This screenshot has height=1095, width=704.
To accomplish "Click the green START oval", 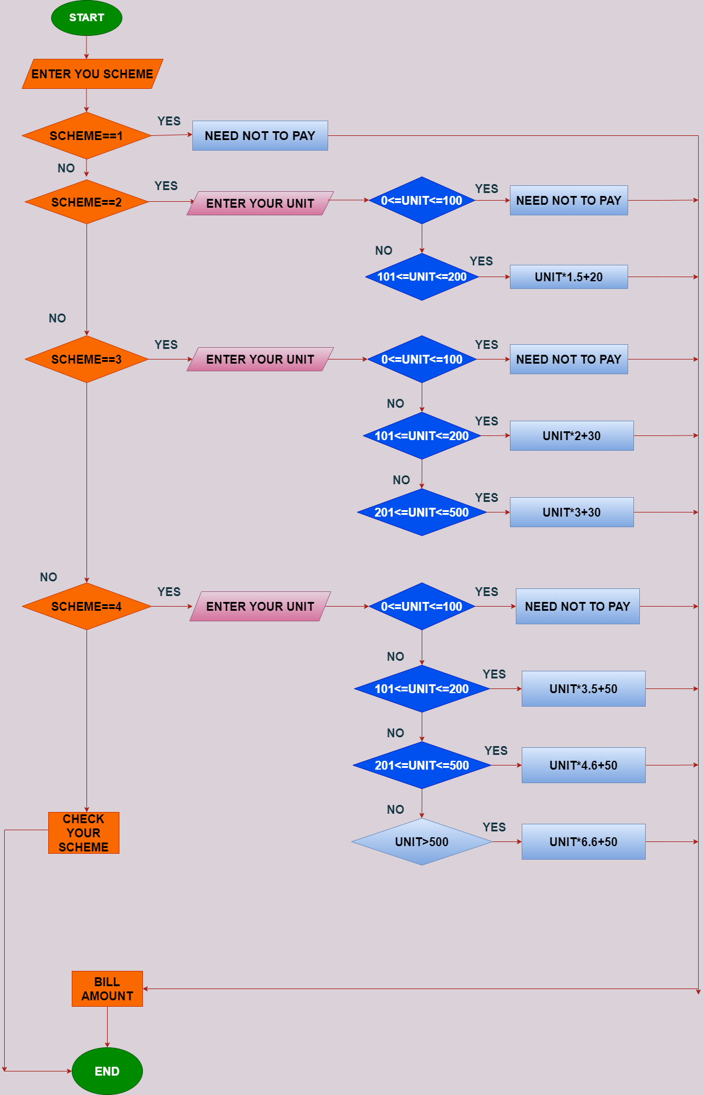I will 86,18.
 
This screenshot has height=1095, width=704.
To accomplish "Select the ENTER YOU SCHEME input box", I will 92,74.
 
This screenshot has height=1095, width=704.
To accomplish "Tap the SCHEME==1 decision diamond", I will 86,136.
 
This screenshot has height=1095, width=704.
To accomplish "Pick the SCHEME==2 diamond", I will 86,202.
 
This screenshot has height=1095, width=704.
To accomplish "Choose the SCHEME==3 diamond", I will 86,360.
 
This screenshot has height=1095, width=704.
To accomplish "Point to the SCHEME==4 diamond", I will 86,607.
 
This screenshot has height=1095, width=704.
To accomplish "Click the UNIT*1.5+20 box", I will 569,277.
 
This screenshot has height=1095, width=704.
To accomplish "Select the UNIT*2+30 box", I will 572,436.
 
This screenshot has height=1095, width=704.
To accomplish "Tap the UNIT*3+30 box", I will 572,512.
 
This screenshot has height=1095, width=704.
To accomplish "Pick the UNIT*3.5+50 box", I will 583,689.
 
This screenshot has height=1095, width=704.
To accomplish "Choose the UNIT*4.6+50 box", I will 583,765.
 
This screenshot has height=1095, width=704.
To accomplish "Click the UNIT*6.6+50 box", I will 583,842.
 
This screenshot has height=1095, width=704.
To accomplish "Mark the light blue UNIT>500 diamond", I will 422,842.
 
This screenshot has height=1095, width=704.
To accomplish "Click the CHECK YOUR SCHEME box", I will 84,833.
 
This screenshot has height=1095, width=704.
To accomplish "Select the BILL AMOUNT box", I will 107,989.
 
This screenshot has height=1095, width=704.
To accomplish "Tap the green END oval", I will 107,1071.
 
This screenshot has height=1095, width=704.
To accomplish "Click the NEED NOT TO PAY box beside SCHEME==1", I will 260,136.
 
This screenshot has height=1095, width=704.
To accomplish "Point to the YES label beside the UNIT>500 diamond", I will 494,827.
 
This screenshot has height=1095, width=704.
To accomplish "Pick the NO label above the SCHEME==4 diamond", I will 49,577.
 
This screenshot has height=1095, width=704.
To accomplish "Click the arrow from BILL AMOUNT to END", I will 107,1027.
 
